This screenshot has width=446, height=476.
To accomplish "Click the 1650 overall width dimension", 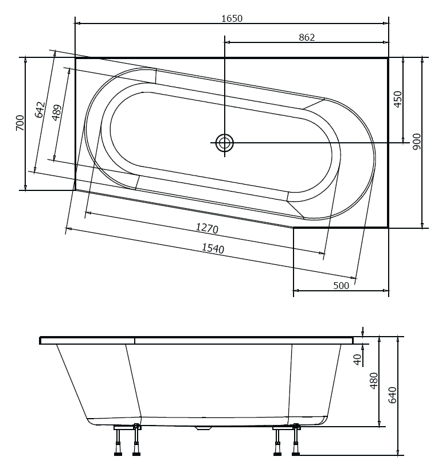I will coord(232,18).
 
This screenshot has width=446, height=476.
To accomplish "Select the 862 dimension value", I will coord(307,37).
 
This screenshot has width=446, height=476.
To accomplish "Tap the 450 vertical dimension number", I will coord(398,99).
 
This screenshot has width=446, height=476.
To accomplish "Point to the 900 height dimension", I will coord(417,142).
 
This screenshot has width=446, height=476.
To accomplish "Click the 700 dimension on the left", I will coord(19,123).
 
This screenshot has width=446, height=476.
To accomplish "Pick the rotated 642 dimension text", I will coord(40,110).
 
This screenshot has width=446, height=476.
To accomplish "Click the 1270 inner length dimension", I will coord(207,228).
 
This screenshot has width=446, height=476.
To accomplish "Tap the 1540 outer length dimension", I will coord(213,248).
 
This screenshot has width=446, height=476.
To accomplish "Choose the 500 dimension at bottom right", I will coord(341,286).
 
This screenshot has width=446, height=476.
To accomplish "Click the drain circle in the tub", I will coord(225,142).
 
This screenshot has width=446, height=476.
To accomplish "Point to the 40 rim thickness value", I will coord(357,360).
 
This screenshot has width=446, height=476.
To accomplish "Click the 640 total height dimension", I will coord(392,395).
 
